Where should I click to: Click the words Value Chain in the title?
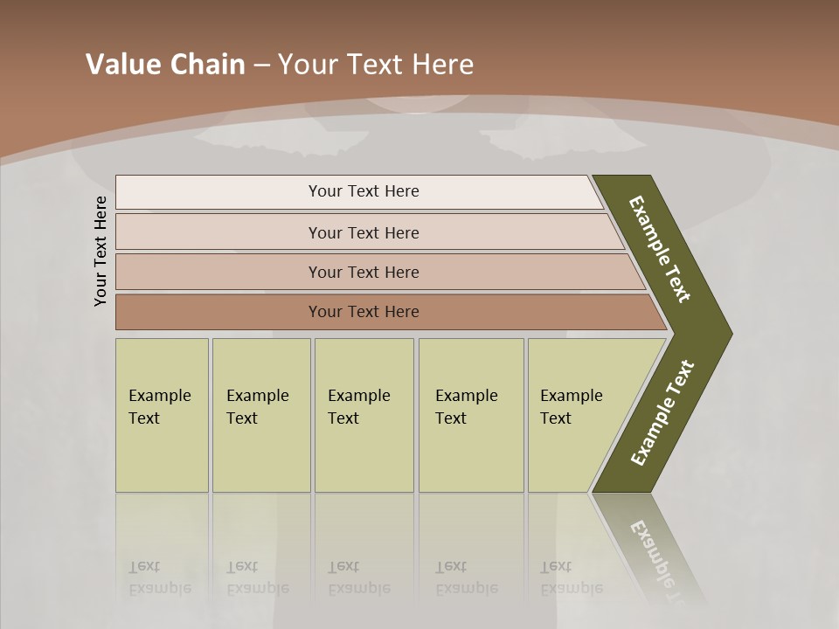pyautogui.click(x=165, y=65)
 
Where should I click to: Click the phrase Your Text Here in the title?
pyautogui.click(x=376, y=65)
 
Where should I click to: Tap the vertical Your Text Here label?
pyautogui.click(x=101, y=252)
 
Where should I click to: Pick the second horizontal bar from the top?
pyautogui.click(x=363, y=232)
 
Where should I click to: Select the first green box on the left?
pyautogui.click(x=162, y=415)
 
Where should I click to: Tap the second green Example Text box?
pyautogui.click(x=261, y=415)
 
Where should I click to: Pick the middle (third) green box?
pyautogui.click(x=364, y=415)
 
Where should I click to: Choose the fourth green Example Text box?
pyautogui.click(x=471, y=415)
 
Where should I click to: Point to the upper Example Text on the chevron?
pyautogui.click(x=660, y=249)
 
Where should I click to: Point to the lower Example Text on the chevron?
pyautogui.click(x=662, y=412)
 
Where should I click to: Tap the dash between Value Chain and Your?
pyautogui.click(x=261, y=66)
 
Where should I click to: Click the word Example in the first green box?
pyautogui.click(x=159, y=396)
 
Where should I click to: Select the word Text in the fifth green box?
pyautogui.click(x=555, y=418)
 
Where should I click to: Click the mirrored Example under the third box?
pyautogui.click(x=358, y=588)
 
